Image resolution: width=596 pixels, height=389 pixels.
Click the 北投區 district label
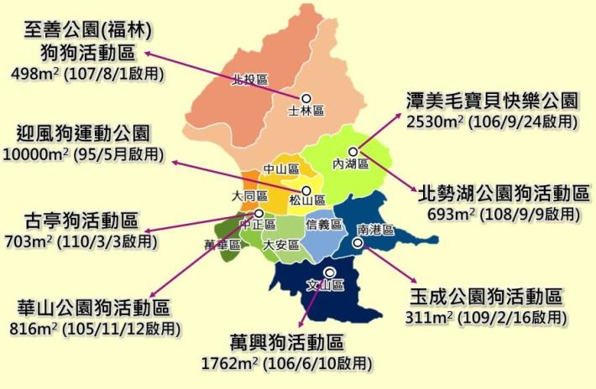tap(250, 80)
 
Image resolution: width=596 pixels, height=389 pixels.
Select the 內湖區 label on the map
tap(351, 164)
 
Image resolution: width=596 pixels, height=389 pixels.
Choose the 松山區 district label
tap(306, 201)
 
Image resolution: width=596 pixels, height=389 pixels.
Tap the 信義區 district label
tap(324, 225)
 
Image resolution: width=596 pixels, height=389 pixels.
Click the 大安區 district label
tap(280, 246)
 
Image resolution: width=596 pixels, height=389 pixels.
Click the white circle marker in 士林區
tap(306, 97)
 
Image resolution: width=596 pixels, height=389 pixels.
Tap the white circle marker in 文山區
tap(329, 272)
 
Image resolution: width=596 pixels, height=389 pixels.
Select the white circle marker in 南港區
tap(358, 243)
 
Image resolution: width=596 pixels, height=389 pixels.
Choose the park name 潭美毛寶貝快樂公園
tap(492, 101)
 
